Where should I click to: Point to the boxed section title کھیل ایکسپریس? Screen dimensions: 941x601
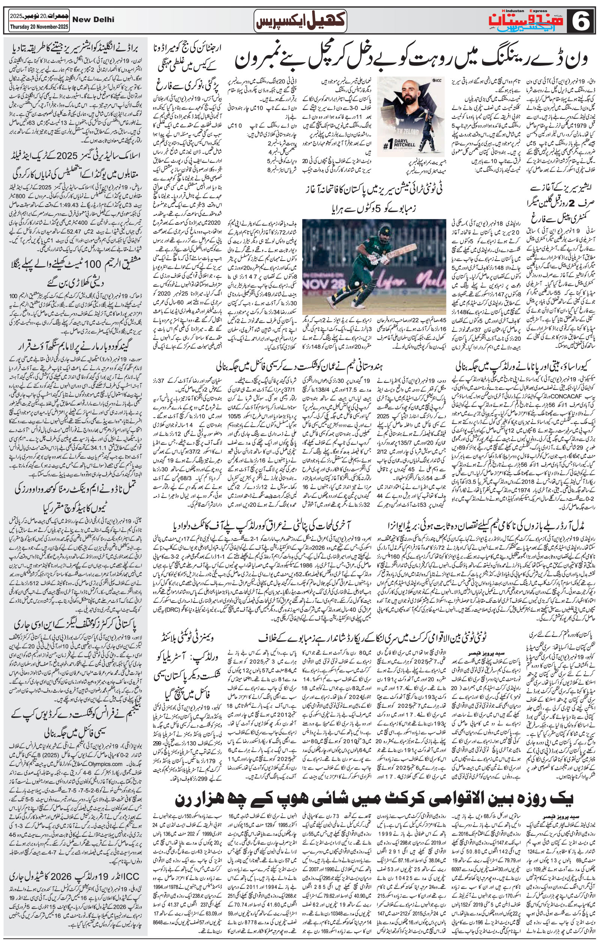tap(300, 21)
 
